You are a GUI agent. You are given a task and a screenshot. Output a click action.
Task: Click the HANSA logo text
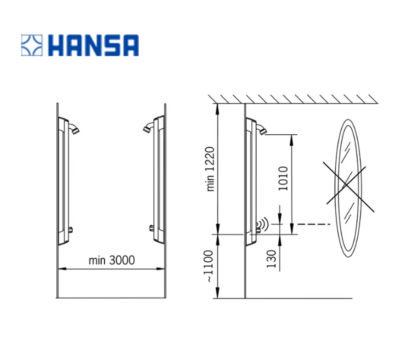pyautogui.click(x=93, y=45)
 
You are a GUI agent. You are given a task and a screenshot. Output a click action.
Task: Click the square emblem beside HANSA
pyautogui.click(x=32, y=45)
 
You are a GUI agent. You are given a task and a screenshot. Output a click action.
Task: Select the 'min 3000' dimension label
pyautogui.click(x=112, y=260)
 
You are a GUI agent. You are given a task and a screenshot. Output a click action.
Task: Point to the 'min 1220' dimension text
pyautogui.click(x=210, y=169)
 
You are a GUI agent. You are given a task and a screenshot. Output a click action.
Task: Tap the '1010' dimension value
pyautogui.click(x=283, y=178)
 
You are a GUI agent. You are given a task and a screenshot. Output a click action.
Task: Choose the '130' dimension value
pyautogui.click(x=271, y=259)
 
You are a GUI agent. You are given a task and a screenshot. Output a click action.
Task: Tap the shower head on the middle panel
pyautogui.click(x=148, y=128)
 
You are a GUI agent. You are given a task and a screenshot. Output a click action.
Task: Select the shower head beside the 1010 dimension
pyautogui.click(x=262, y=130)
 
